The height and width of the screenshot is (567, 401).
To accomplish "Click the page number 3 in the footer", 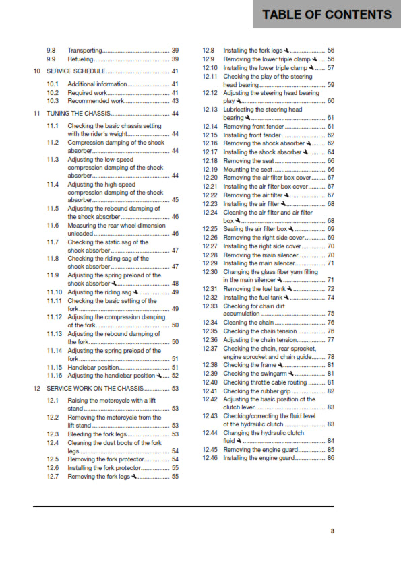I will coord(332,531).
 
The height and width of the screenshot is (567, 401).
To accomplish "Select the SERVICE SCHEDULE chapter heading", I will coord(74,71).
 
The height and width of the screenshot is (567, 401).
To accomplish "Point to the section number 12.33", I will coord(210,305).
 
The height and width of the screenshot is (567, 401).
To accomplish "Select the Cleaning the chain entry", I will coord(247,323).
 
